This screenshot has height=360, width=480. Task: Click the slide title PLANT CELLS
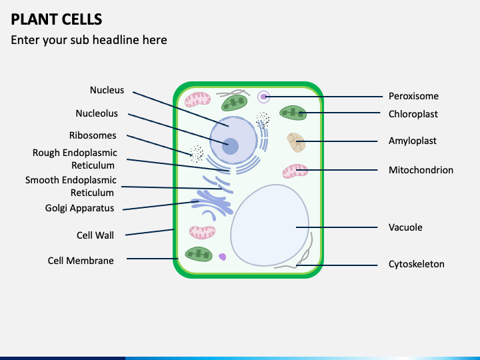[x=56, y=19]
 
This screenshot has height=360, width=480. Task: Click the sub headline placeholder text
[x=89, y=40]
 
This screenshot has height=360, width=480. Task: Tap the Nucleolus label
[x=97, y=113]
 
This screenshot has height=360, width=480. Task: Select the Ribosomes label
[x=93, y=135]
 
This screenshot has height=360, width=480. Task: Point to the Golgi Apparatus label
[x=79, y=208]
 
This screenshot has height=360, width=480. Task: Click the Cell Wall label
[x=95, y=235]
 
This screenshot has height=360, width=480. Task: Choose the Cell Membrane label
[x=81, y=261]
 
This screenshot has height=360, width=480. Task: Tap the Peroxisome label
[x=413, y=96]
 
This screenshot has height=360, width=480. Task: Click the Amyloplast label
[x=413, y=141]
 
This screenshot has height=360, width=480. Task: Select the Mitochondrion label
[x=421, y=170]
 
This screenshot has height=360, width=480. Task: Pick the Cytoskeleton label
[x=417, y=264]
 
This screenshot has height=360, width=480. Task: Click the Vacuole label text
[x=405, y=227]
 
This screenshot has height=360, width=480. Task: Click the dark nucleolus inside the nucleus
[x=230, y=146]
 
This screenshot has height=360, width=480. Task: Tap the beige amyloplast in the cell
[x=296, y=143]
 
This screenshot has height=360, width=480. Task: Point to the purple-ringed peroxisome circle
[x=263, y=97]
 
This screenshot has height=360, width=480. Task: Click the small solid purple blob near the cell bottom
[x=223, y=257]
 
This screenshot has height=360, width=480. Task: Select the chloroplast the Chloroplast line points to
[x=293, y=113]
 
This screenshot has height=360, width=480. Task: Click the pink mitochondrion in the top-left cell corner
[x=197, y=99]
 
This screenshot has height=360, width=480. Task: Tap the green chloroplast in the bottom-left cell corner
[x=199, y=254]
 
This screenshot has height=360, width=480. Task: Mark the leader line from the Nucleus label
[x=181, y=109]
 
